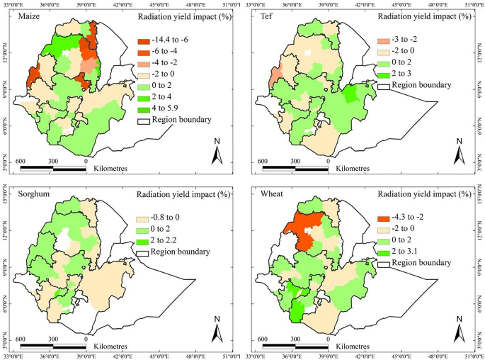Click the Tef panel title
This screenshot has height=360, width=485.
pos(262,16)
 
